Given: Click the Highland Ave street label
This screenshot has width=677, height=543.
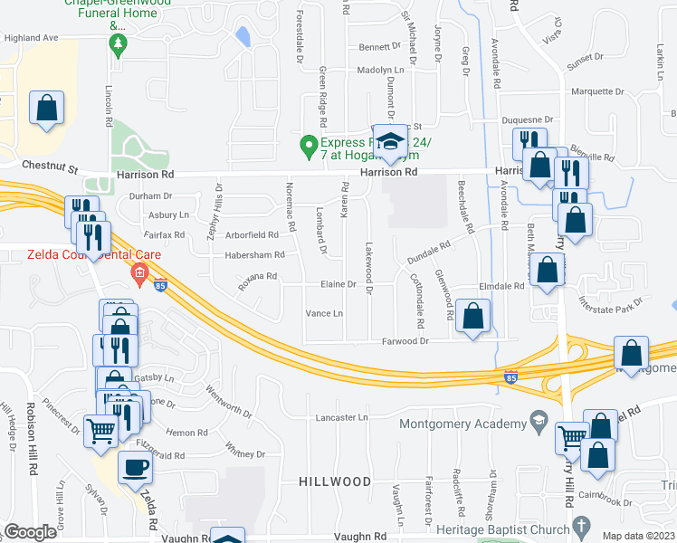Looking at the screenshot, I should pyautogui.click(x=31, y=39).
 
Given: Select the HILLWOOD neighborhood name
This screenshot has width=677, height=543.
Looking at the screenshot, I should pyautogui.click(x=335, y=481).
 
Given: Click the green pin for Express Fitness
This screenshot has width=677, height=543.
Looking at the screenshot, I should pyautogui.click(x=309, y=143).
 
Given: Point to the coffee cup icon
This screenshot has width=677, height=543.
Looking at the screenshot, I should pyautogui.click(x=136, y=468).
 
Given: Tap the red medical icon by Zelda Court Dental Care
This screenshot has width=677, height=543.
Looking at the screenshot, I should pyautogui.click(x=138, y=272).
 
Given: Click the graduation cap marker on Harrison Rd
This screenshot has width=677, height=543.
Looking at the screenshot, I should pyautogui.click(x=390, y=142).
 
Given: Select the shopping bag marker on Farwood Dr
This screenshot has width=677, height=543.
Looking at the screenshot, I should pyautogui.click(x=472, y=316).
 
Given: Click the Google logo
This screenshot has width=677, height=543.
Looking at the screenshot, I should pyautogui.click(x=30, y=532).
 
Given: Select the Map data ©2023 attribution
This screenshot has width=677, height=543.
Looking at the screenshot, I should pyautogui.click(x=639, y=536).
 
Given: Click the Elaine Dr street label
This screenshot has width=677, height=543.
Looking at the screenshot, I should pyautogui.click(x=335, y=284).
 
